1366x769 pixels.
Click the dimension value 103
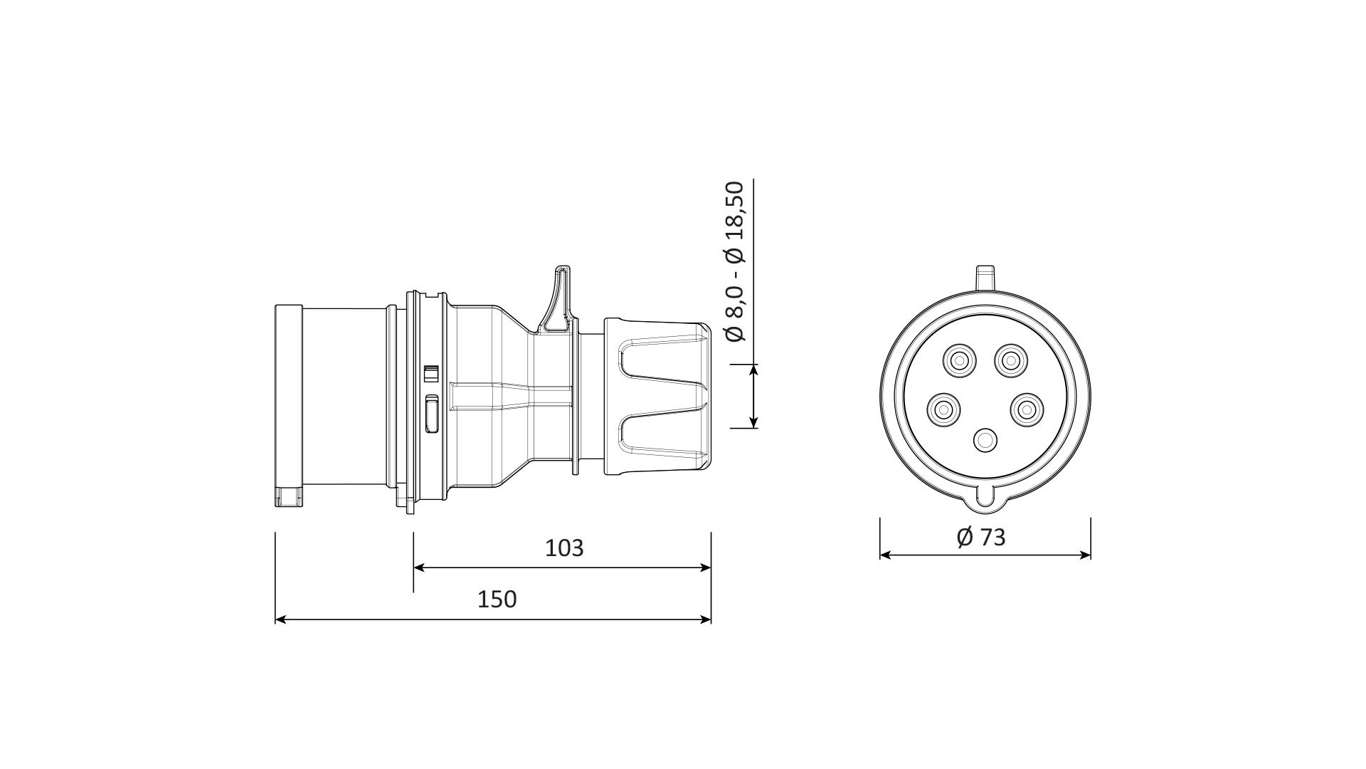564,548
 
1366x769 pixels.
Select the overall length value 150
497,600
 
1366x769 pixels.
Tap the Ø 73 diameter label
982,537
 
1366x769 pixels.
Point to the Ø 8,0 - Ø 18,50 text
735,261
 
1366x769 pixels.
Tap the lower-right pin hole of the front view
1025,409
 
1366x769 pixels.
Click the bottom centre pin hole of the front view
985,441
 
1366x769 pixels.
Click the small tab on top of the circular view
985,276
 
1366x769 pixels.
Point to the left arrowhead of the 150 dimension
280,619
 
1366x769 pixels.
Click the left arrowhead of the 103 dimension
419,567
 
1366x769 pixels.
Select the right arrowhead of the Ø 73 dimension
1086,555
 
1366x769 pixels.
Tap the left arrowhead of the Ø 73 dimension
886,555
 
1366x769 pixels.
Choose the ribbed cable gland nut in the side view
657,396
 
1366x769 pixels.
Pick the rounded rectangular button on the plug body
431,414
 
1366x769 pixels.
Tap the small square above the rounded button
430,374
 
